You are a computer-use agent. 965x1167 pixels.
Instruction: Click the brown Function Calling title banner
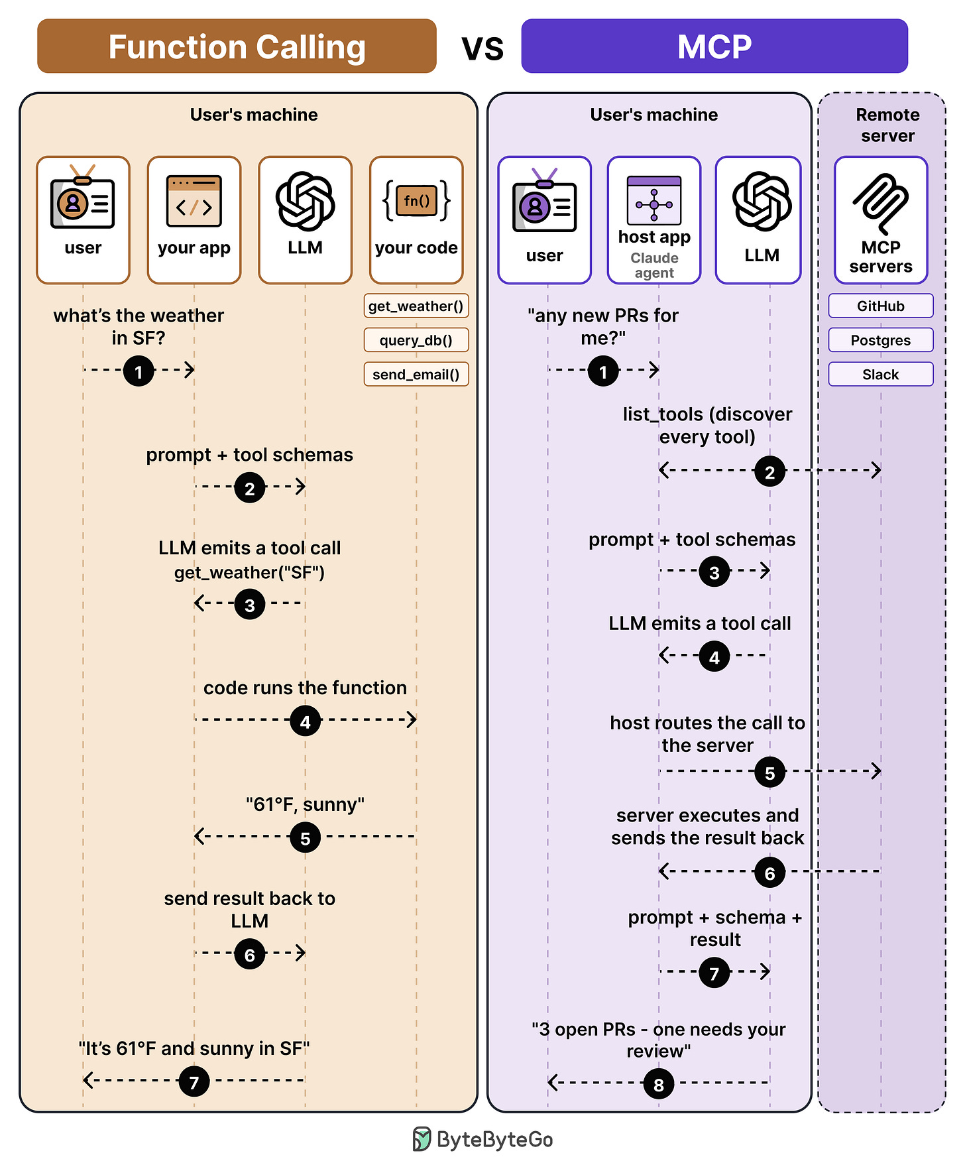click(237, 46)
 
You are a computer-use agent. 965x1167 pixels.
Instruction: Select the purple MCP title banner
click(714, 46)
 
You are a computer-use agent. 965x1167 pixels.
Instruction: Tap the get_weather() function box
click(416, 306)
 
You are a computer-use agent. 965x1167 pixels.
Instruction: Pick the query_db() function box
click(416, 340)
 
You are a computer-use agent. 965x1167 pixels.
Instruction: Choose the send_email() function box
click(416, 374)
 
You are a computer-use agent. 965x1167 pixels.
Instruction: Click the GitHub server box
click(881, 306)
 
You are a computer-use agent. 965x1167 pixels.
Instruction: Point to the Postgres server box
click(881, 340)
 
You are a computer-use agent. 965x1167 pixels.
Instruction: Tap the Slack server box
click(881, 374)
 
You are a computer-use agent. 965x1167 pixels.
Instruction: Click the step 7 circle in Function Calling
click(194, 1081)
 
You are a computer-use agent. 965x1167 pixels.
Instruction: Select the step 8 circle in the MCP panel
click(659, 1084)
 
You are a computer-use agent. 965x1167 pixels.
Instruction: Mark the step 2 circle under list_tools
click(769, 472)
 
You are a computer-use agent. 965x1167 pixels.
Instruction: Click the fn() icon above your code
click(416, 201)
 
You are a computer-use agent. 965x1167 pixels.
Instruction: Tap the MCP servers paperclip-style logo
click(881, 202)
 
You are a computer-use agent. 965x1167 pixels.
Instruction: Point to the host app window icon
click(654, 200)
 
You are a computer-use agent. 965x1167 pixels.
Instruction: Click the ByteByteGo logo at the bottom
click(482, 1139)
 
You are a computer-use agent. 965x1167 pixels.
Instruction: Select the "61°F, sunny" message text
click(305, 805)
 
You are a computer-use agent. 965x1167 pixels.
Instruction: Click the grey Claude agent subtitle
click(654, 265)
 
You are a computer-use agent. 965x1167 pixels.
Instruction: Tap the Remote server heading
click(887, 125)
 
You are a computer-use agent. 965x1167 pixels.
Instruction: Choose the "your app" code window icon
click(194, 201)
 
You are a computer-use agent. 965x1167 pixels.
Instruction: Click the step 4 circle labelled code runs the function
click(306, 721)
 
